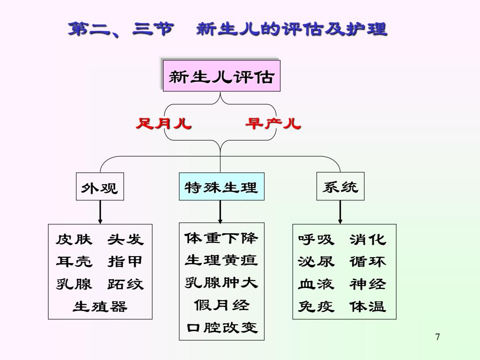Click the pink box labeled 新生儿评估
click(x=221, y=75)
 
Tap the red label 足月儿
click(x=164, y=123)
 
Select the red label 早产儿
click(x=273, y=123)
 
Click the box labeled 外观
click(x=100, y=187)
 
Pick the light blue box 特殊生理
click(x=221, y=187)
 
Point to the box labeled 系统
click(x=340, y=186)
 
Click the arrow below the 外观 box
click(x=100, y=212)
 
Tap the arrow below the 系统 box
click(x=340, y=212)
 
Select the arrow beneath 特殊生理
click(x=220, y=212)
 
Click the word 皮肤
click(x=74, y=240)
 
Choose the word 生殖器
click(x=100, y=307)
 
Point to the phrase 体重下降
click(x=221, y=238)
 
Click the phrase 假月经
click(x=221, y=305)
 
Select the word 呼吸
click(x=316, y=240)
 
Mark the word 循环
click(x=368, y=262)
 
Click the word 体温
click(x=368, y=307)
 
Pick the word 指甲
click(x=125, y=262)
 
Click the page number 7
click(x=437, y=337)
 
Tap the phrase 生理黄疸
click(x=221, y=260)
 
